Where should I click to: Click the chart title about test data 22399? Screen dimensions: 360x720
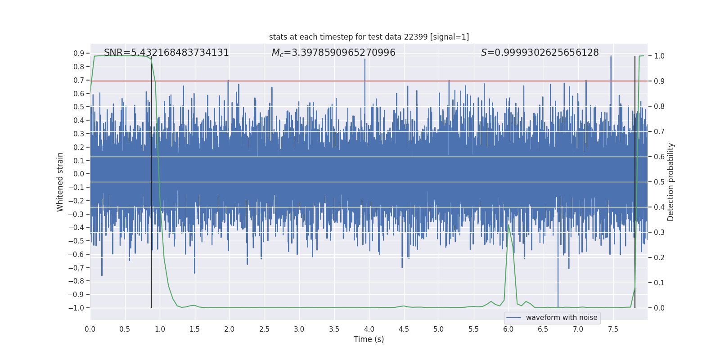[369, 37]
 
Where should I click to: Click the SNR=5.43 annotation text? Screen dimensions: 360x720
[166, 53]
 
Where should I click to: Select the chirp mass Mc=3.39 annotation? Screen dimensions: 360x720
[333, 53]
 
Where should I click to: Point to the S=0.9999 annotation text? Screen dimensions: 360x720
[540, 53]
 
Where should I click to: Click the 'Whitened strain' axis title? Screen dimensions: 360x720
[60, 182]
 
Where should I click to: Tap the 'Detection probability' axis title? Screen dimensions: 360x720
[671, 182]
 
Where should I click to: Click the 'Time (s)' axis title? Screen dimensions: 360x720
[369, 339]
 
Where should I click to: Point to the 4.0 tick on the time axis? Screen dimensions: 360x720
[369, 329]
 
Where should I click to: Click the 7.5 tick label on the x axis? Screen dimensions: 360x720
[613, 329]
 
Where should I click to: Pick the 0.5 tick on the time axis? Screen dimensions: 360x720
[125, 329]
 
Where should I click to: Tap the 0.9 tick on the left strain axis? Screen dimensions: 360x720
[79, 53]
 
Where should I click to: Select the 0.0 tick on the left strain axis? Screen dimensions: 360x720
[79, 174]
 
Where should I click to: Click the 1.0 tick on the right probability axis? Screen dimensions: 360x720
[659, 56]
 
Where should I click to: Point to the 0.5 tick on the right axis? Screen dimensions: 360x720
[659, 182]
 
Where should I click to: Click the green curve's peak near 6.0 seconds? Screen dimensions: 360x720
[508, 225]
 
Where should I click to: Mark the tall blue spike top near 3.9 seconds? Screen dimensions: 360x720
[365, 59]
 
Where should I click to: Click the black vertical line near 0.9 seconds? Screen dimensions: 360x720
[151, 180]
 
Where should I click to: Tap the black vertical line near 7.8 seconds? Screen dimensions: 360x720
[635, 180]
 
